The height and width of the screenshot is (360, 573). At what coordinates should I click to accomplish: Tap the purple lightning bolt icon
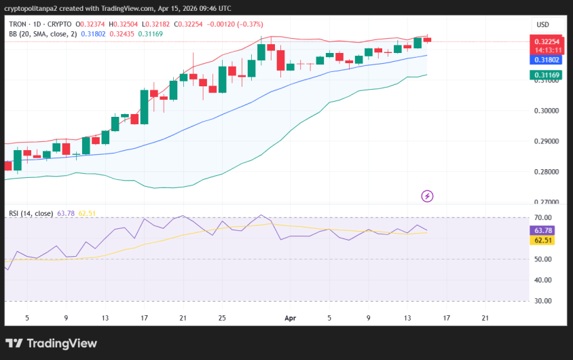click(428, 196)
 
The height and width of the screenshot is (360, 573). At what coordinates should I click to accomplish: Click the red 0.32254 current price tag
click(547, 41)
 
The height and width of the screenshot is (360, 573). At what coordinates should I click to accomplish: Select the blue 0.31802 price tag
click(547, 60)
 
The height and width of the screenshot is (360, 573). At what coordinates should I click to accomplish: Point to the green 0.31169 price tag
click(547, 75)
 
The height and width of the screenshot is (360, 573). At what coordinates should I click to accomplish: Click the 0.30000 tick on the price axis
click(547, 111)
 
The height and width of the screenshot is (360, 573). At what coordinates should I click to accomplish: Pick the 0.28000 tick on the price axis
click(547, 172)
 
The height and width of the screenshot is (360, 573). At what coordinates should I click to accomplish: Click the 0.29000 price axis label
click(547, 141)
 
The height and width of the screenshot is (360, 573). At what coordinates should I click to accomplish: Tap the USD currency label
click(542, 24)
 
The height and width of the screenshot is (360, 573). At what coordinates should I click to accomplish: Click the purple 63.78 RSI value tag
click(545, 230)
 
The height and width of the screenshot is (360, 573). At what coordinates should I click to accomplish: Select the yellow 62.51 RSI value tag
click(545, 240)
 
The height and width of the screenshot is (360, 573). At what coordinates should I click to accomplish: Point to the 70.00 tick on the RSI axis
click(543, 218)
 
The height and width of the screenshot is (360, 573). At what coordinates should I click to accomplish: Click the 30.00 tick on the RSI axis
click(543, 301)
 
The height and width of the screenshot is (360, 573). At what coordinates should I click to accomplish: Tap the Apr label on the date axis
click(291, 317)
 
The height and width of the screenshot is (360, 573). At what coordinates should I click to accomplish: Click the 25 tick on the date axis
click(222, 317)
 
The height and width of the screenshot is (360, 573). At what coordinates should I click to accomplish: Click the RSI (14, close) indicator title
click(31, 213)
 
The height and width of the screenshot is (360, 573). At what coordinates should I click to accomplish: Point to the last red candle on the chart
click(427, 39)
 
